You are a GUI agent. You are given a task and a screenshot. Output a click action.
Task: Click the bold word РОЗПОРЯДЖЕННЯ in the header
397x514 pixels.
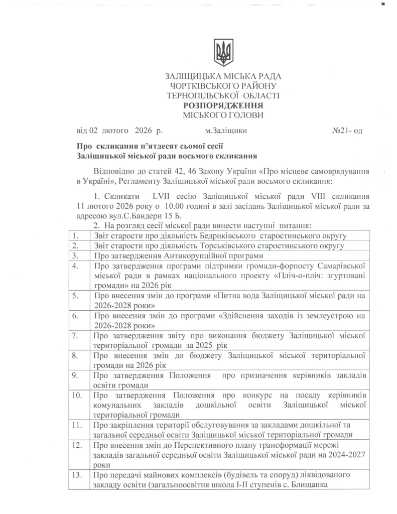pyautogui.click(x=223, y=105)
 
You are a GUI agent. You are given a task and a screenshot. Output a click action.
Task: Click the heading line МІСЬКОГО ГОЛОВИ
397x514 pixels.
pyautogui.click(x=223, y=115)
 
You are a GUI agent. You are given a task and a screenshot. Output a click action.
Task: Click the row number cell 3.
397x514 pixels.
pyautogui.click(x=75, y=255)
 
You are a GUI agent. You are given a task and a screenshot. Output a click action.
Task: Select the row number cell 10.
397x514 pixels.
pyautogui.click(x=76, y=395)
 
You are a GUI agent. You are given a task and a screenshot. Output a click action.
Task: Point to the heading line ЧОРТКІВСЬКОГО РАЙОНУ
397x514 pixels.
pyautogui.click(x=223, y=86)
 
